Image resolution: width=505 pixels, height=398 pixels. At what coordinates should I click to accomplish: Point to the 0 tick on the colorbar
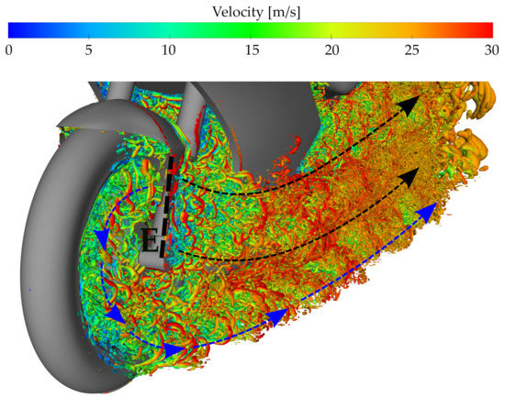coord(8,48)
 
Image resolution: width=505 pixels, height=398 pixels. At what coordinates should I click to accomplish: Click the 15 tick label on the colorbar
coord(252,48)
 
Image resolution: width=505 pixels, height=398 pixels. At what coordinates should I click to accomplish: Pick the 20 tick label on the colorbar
coord(333,48)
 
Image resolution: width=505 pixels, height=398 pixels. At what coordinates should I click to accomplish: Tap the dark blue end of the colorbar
coord(13,28)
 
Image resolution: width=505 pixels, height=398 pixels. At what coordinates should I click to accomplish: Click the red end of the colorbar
coord(491,28)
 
